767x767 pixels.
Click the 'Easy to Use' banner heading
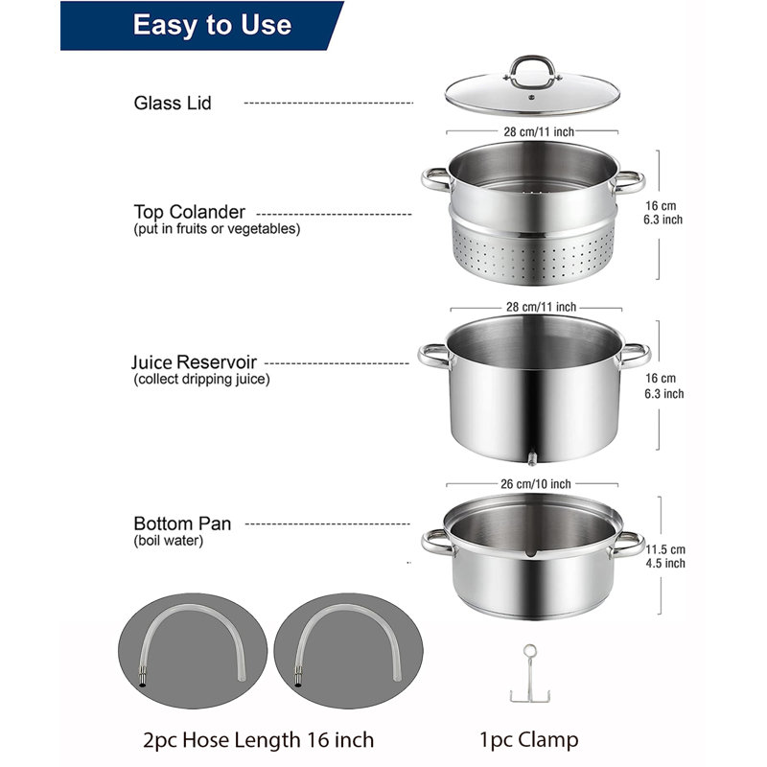[212, 25]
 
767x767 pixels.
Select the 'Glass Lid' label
[173, 103]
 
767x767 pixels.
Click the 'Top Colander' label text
[189, 212]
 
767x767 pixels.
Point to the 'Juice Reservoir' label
[196, 363]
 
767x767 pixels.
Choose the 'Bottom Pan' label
[182, 524]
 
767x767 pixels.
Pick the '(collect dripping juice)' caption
[202, 380]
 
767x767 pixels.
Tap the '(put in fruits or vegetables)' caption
[217, 229]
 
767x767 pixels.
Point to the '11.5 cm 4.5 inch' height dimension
[665, 556]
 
